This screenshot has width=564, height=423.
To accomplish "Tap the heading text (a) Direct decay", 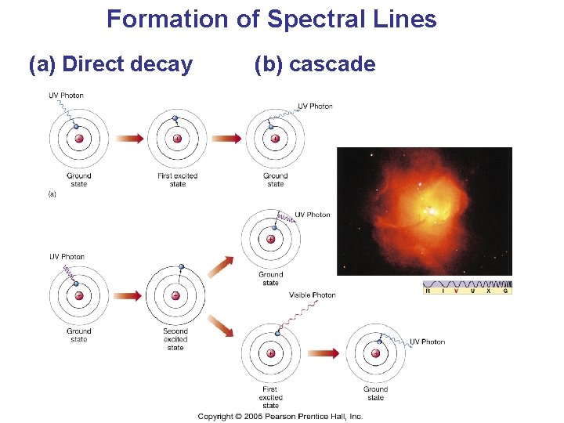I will pos(110,64).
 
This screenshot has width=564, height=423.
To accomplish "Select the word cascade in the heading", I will pos(332,64).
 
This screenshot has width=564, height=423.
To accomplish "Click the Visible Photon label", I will pos(313,295).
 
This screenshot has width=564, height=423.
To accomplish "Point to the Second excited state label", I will pos(175,339).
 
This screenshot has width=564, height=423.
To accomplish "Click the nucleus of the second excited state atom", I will pos(175,296).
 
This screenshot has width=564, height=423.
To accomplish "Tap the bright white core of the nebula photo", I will pos(429,211).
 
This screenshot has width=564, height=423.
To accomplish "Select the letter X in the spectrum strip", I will pos(488,291).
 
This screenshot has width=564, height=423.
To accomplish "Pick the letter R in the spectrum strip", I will pos(427,291).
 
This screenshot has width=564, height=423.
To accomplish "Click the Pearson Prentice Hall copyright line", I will pos(280,416).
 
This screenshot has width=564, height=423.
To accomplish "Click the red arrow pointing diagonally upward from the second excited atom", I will pos(222,266).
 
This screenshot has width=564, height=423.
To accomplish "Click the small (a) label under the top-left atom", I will pos(52,193).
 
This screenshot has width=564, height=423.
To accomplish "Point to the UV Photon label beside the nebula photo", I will pos(313,215).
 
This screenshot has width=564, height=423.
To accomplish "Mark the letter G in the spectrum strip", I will pos(506,291).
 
